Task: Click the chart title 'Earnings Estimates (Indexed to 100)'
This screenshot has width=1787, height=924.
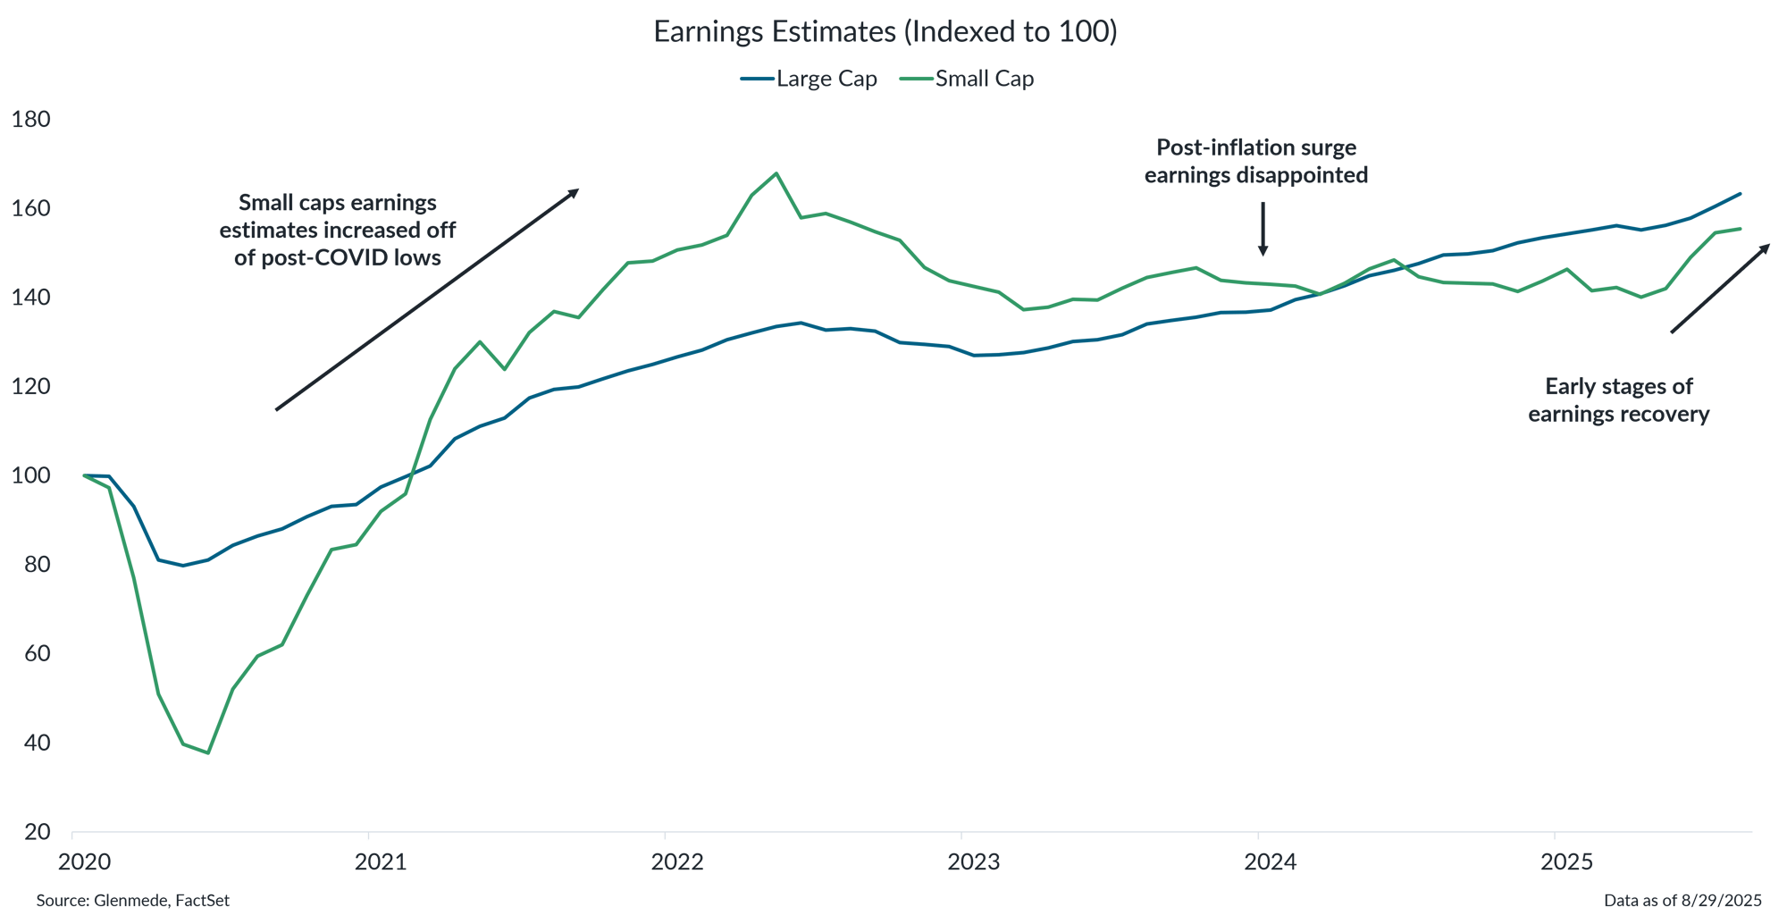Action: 885,32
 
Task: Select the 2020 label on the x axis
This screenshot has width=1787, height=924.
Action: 84,862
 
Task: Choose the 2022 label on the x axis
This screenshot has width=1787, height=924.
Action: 677,862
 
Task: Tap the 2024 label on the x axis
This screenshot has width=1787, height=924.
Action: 1271,862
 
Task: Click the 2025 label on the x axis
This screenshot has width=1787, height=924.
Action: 1567,862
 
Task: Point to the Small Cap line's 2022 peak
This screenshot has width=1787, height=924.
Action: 776,173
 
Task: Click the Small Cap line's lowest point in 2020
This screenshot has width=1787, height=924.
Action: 208,752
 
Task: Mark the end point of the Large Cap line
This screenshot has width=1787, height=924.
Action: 1740,193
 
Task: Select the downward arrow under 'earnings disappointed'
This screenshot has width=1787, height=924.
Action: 1263,230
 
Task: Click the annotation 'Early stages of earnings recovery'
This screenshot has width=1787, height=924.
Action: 1618,400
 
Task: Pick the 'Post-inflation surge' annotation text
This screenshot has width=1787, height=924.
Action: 1255,147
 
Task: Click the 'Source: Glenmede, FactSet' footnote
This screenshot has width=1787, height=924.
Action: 133,901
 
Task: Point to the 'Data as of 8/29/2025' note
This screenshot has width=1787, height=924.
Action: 1682,901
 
